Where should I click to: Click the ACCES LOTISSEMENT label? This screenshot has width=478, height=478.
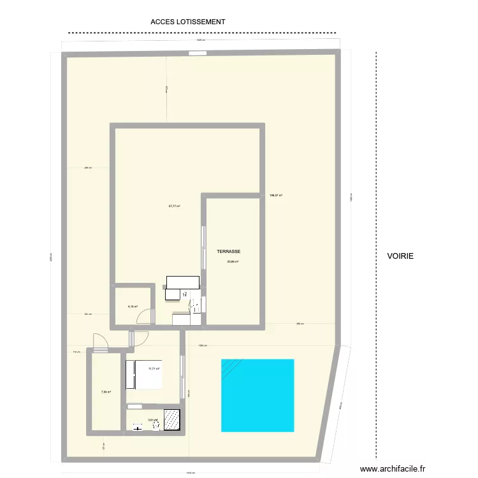tap(188, 22)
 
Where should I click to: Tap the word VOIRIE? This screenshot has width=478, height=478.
tap(400, 256)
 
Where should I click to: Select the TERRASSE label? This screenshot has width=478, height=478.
tap(228, 252)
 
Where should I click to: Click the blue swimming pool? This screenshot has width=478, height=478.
tap(257, 395)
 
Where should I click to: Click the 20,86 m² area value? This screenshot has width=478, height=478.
tap(232, 261)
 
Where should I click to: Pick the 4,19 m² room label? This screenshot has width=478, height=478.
tap(133, 307)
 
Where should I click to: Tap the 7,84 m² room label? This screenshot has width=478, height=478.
tap(106, 392)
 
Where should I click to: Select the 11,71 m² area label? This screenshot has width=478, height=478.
tap(154, 369)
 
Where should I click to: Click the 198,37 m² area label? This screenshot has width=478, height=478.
tap(276, 196)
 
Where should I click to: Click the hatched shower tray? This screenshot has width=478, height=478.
tap(173, 419)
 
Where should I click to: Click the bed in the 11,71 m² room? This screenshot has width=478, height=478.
tap(143, 375)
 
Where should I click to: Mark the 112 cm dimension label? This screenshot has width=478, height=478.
tap(75, 352)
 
